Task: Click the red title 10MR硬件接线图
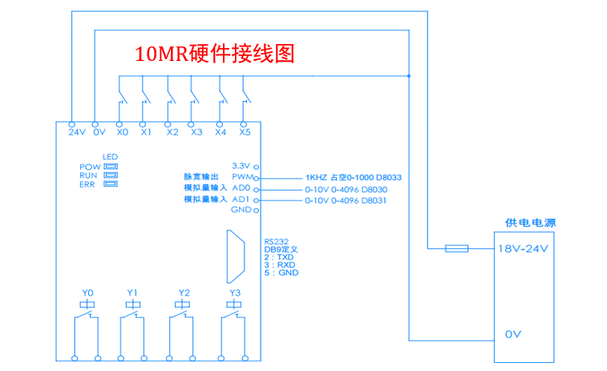216,54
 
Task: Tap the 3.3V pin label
241,163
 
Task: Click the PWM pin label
241,176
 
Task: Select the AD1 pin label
241,199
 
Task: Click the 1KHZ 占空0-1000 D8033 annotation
353,177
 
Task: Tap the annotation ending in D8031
346,200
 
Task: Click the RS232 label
276,240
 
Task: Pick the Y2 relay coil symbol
184,304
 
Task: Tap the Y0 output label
88,292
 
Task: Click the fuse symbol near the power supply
456,248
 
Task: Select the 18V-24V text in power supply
524,248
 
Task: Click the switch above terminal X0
122,97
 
